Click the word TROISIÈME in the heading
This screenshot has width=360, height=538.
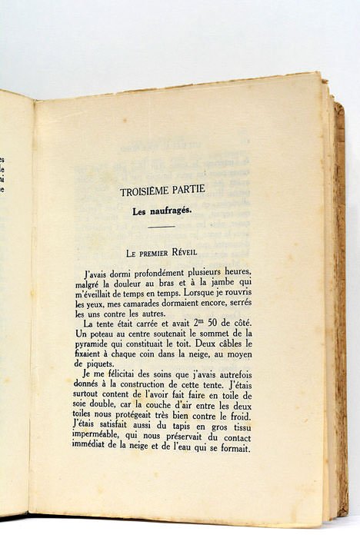(148, 193)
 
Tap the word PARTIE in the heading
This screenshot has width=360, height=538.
(200, 193)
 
